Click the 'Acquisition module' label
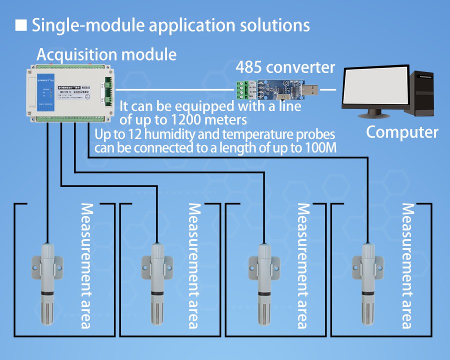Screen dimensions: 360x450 (x=106, y=54)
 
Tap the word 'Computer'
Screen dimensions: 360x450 (x=402, y=132)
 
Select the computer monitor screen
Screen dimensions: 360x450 (x=374, y=88)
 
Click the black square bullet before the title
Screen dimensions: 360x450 (x=21, y=24)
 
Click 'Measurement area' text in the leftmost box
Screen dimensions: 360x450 (x=86, y=265)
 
